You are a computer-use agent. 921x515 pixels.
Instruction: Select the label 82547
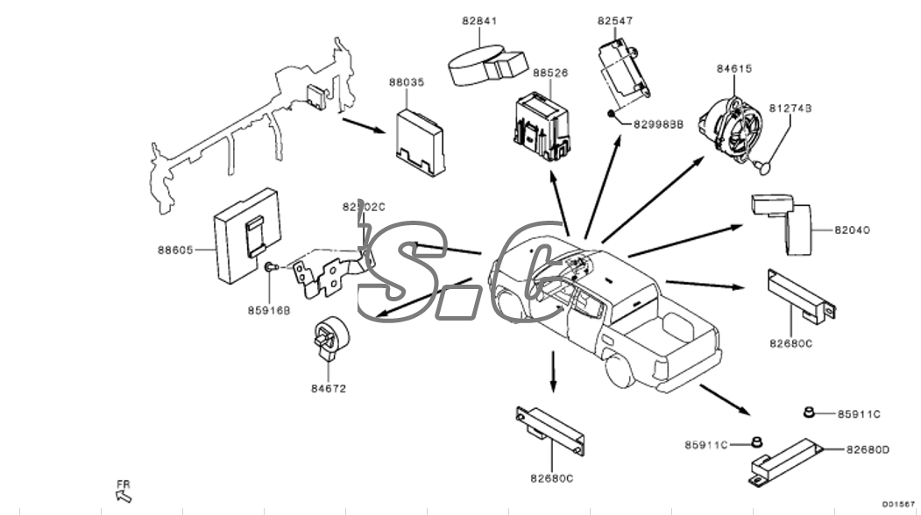(x=615, y=20)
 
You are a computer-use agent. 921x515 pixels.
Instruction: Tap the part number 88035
(x=407, y=82)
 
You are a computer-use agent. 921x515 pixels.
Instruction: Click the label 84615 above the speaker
(x=734, y=68)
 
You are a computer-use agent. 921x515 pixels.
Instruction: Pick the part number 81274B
(x=790, y=108)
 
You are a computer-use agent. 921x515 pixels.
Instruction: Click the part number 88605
(x=175, y=250)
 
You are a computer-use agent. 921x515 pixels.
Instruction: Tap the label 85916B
(x=268, y=309)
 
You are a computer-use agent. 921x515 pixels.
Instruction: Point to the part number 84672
(x=329, y=388)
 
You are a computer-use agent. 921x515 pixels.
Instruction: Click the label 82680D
(x=868, y=449)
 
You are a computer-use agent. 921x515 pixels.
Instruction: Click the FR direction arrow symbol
(x=123, y=495)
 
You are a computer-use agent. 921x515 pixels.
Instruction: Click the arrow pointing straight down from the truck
(x=553, y=372)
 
